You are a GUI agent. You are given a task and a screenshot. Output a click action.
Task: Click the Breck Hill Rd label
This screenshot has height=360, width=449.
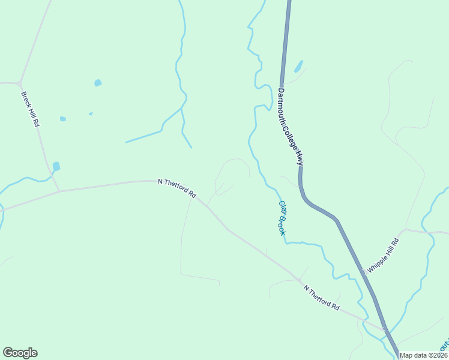[30, 109]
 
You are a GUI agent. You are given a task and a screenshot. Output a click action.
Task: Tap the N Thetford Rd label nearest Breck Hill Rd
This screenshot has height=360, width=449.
[177, 188]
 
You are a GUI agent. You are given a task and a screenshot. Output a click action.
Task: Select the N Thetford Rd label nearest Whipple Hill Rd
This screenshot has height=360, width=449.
[322, 298]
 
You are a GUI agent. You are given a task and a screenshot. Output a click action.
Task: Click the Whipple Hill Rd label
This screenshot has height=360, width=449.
[383, 256]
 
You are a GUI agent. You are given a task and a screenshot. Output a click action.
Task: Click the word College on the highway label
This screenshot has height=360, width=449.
[292, 137]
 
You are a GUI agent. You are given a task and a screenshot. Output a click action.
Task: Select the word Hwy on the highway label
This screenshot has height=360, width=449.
[299, 158]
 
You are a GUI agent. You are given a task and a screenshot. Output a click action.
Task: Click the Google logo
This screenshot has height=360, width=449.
[20, 353]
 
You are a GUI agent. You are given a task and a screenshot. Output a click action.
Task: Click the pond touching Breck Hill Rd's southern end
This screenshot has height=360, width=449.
[56, 166]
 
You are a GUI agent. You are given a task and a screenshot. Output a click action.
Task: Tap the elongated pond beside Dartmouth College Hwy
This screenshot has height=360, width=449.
[298, 65]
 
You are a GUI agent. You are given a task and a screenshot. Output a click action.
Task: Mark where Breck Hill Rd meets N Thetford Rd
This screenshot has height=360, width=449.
[59, 191]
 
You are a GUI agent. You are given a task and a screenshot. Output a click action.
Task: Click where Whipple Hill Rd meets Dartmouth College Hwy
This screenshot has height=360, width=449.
[364, 275]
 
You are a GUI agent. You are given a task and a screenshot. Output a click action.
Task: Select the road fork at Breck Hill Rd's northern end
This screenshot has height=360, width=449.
[20, 82]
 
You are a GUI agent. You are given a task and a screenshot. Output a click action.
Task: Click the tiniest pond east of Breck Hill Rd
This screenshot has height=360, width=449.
[91, 113]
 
